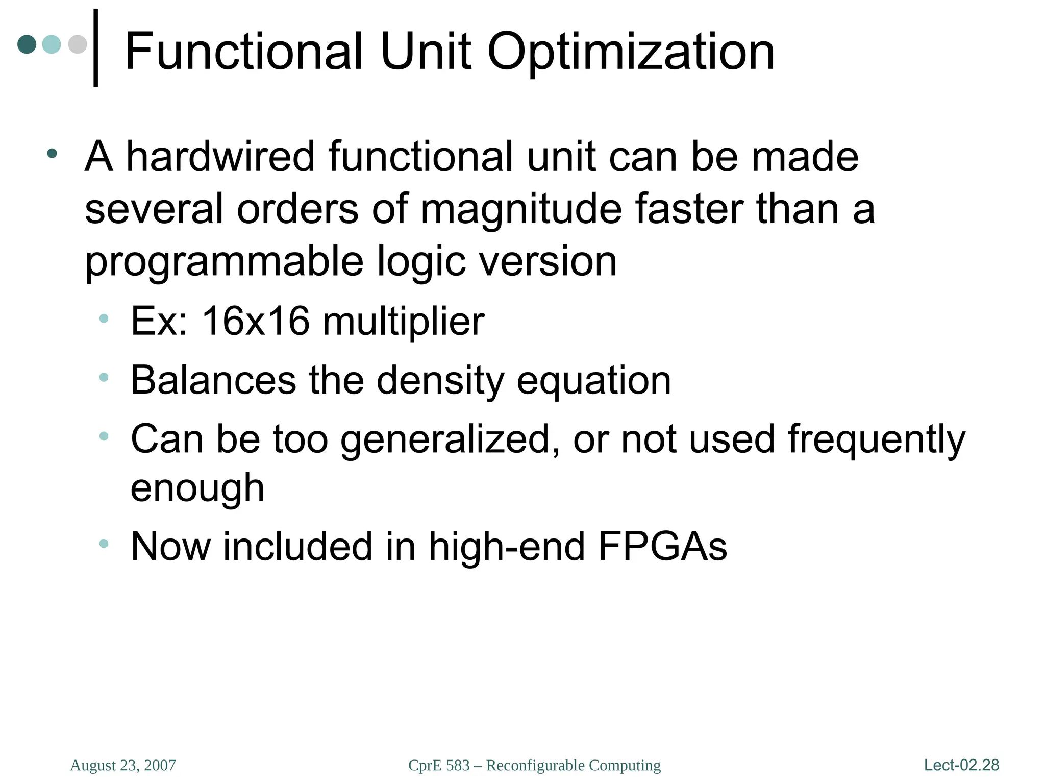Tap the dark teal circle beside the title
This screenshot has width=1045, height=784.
pos(27,44)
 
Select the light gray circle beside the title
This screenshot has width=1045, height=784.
pos(78,44)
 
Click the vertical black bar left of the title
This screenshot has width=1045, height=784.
pos(95,48)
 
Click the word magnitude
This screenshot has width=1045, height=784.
pos(520,209)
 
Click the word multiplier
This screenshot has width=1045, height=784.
pos(404,322)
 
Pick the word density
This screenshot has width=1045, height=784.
pos(440,381)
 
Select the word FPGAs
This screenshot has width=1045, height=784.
pos(662,546)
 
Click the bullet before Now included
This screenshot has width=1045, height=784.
pos(104,544)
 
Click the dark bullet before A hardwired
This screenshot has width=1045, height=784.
pos(52,153)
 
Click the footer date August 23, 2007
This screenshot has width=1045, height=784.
pos(123,765)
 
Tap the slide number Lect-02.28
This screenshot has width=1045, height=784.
pos(961,765)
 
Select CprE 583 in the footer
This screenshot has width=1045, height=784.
pos(439,765)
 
